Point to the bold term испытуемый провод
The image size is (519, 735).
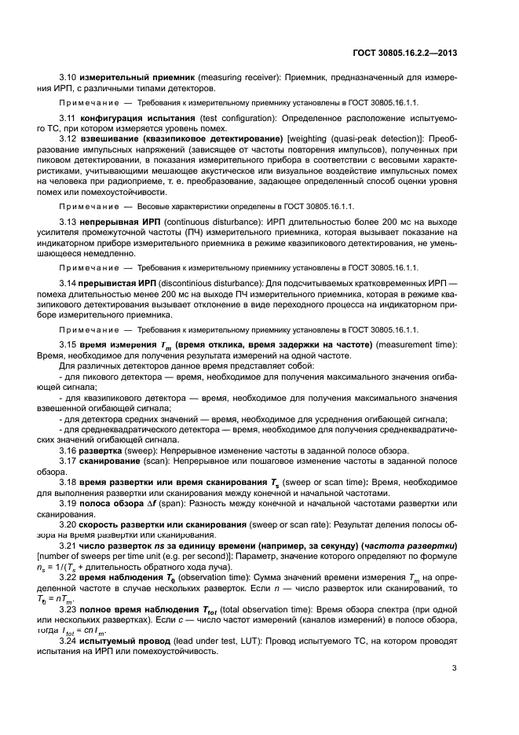(x=125, y=638)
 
